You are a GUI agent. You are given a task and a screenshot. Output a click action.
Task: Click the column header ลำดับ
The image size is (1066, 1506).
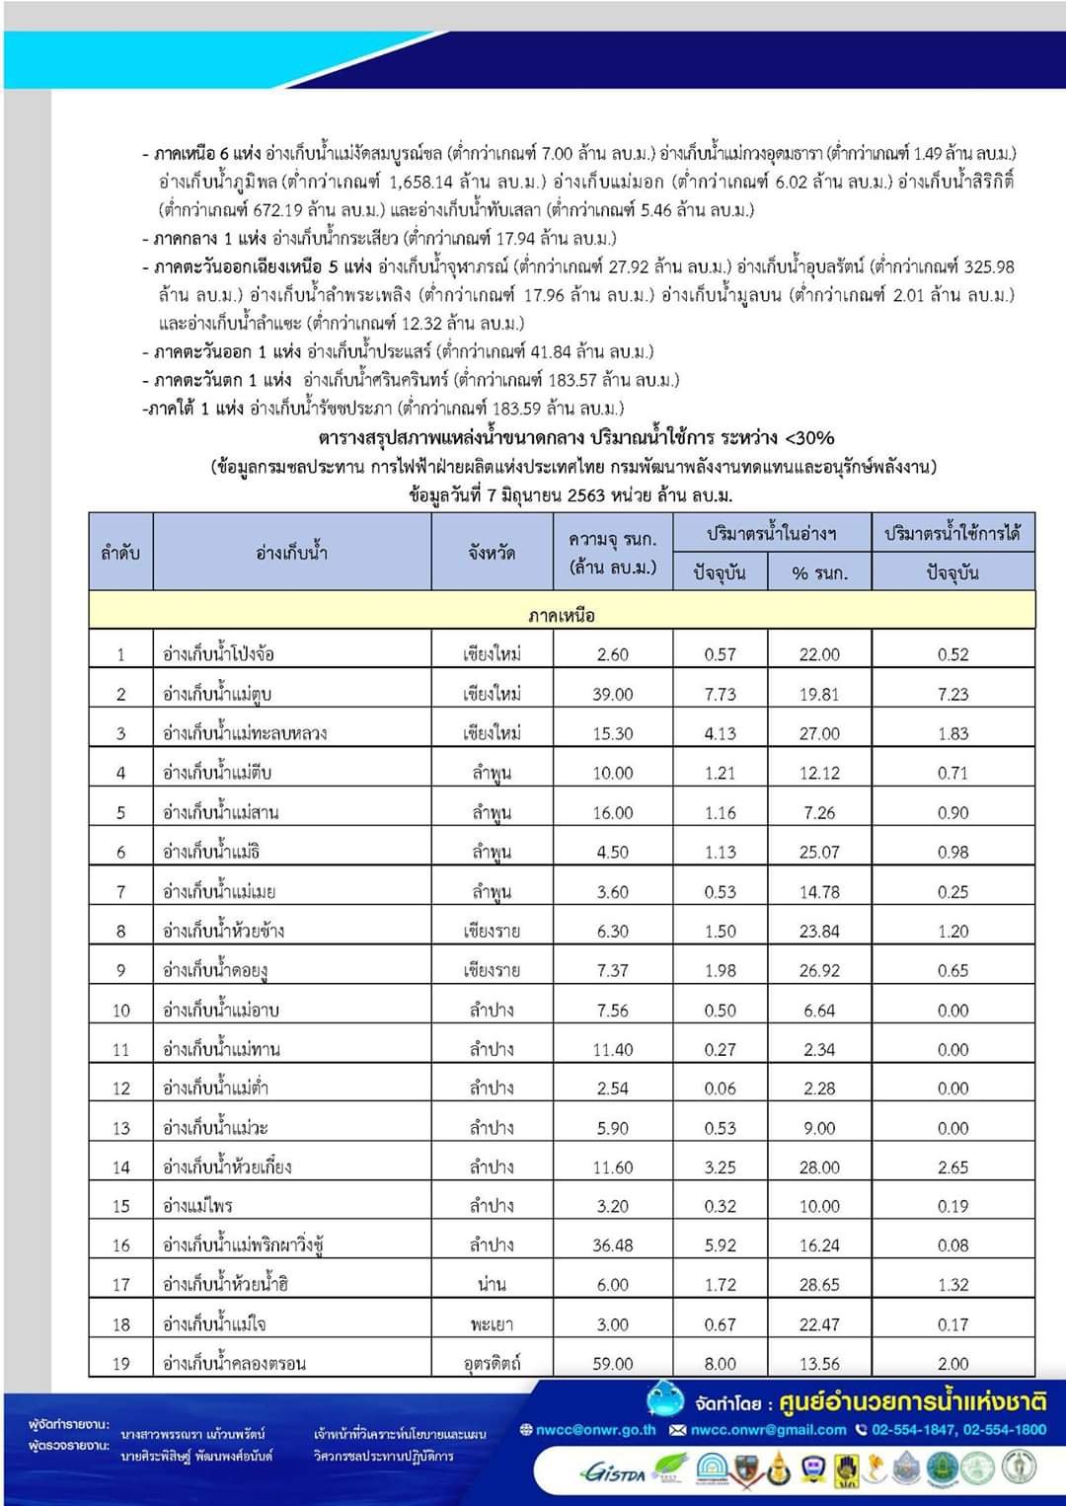(x=120, y=553)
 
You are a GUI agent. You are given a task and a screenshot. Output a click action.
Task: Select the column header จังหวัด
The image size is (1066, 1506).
(x=492, y=553)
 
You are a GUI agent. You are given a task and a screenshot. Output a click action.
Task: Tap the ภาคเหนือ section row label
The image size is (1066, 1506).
(x=562, y=616)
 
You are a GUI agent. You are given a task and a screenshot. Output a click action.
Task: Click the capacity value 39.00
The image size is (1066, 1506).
(x=612, y=694)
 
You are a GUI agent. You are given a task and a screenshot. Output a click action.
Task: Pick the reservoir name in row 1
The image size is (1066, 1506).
(x=218, y=654)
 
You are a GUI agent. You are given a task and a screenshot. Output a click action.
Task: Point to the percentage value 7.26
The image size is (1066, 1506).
(x=819, y=812)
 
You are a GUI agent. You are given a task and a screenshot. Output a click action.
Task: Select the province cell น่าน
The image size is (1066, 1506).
(x=492, y=1284)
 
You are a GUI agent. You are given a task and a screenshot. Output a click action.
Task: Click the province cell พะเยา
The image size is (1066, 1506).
(x=492, y=1323)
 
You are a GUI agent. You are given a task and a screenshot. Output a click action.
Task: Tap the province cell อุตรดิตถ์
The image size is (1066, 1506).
(x=492, y=1363)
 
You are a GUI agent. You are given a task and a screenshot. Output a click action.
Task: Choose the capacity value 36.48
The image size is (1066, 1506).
(x=612, y=1244)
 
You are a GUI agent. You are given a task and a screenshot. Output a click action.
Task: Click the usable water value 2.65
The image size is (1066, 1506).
(x=952, y=1167)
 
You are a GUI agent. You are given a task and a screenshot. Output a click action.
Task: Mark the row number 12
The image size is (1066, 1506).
(x=120, y=1088)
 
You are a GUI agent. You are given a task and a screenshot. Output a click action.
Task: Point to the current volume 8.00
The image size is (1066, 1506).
(x=720, y=1363)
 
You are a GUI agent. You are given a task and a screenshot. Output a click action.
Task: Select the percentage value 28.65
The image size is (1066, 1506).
(x=819, y=1284)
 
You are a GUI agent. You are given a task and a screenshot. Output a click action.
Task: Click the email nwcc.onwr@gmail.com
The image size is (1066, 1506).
(x=768, y=1429)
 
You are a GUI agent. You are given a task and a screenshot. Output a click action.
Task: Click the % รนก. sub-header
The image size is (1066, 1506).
(x=819, y=572)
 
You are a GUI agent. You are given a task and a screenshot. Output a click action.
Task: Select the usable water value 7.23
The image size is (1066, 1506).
(x=952, y=694)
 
